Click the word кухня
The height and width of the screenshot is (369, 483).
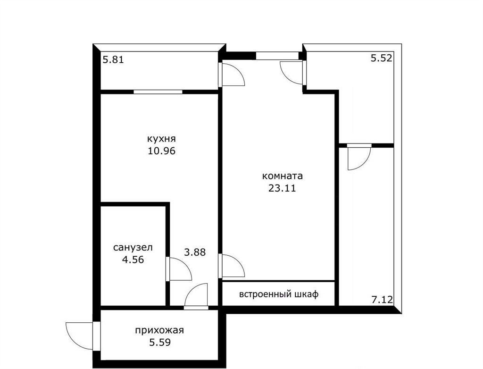[162, 139]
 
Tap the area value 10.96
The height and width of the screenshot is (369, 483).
[162, 151]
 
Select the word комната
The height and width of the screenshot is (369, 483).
[282, 176]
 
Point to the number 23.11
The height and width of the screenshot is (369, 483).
[282, 188]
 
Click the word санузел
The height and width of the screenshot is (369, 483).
[133, 248]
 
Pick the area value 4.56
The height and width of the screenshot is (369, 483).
[133, 260]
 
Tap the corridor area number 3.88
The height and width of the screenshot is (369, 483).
[195, 252]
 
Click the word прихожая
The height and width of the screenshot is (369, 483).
[159, 330]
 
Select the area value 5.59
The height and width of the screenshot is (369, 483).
[160, 342]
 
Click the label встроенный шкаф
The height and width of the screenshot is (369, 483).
[279, 294]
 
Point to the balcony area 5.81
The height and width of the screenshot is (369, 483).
[113, 59]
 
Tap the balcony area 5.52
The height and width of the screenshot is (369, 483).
[382, 58]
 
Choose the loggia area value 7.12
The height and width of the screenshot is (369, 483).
[382, 299]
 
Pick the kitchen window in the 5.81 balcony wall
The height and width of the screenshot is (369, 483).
[158, 92]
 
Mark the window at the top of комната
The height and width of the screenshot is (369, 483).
[277, 56]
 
